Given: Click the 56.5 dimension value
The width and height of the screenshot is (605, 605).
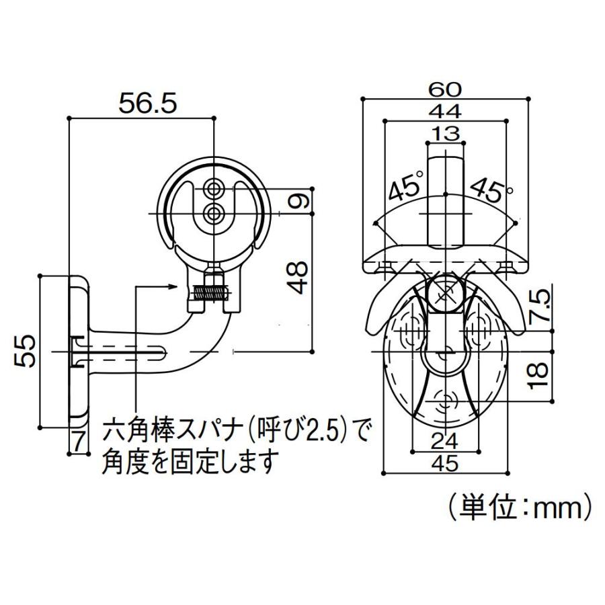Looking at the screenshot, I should tap(147, 103).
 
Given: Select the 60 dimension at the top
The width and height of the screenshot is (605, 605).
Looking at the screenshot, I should tap(445, 88).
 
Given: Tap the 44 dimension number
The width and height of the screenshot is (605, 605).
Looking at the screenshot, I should tap(445, 110).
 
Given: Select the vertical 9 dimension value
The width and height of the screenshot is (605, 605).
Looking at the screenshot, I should tap(300, 202).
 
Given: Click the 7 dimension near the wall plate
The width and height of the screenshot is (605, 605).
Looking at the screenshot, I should tap(79, 441).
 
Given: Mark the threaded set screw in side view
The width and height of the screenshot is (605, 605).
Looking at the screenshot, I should tap(210, 293).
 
